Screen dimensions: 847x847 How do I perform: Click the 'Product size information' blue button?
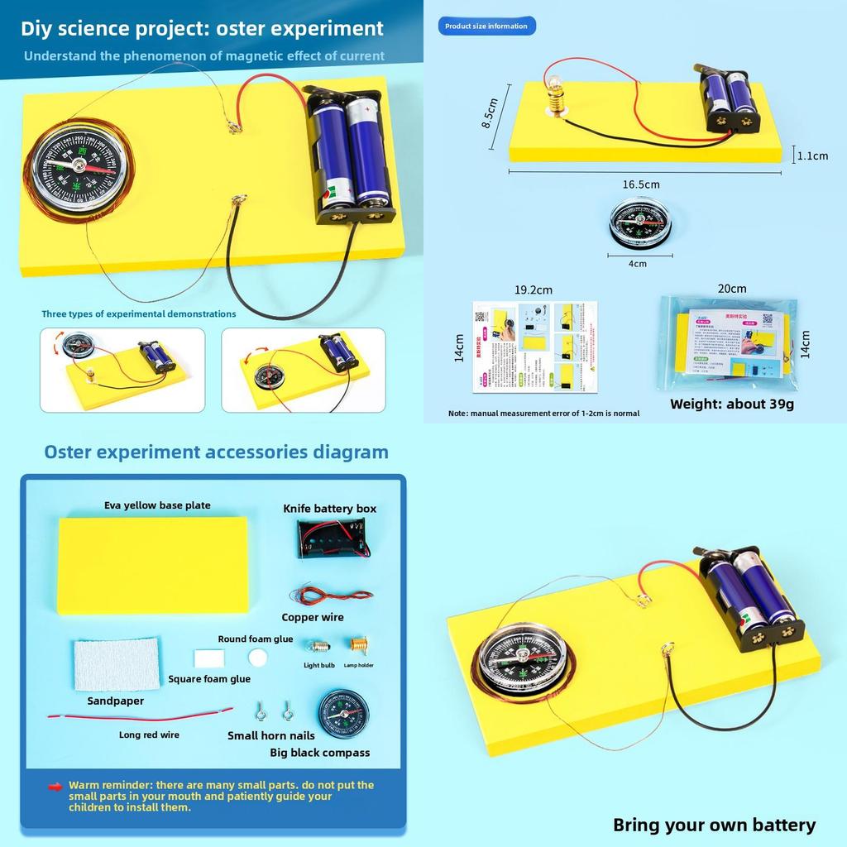tap(486, 26)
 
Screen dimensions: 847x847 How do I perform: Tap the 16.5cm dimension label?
tap(641, 184)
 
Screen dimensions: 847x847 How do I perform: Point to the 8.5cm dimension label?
tap(490, 112)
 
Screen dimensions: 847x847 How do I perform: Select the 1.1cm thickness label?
tap(812, 156)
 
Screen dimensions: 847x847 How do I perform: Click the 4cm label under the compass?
tap(638, 264)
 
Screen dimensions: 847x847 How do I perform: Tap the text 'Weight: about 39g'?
tap(731, 404)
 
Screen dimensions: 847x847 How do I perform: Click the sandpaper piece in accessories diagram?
tap(117, 664)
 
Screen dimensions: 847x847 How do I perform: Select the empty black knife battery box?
tap(331, 539)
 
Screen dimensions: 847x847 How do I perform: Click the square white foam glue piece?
tap(205, 659)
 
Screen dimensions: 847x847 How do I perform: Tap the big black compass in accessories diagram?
tap(343, 714)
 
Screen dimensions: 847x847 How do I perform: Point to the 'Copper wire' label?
tap(313, 617)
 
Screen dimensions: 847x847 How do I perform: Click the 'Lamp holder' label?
tap(359, 665)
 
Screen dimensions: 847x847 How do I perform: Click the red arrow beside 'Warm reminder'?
tap(55, 787)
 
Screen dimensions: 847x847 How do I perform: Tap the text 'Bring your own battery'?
tap(714, 825)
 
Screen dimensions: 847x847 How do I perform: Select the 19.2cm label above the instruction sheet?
tap(533, 290)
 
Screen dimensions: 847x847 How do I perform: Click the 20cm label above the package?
tap(732, 289)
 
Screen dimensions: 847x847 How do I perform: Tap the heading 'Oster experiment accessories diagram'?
tap(216, 452)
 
